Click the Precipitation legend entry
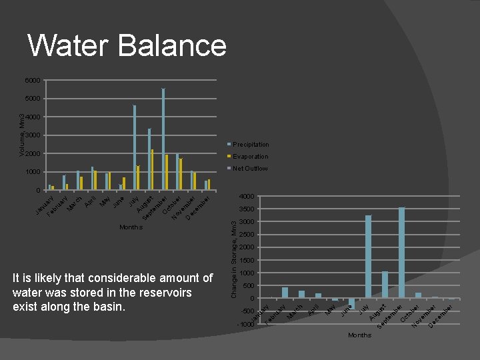[x=251, y=145]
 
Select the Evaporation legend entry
[x=250, y=157]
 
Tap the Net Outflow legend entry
[x=250, y=169]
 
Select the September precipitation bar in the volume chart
[x=163, y=139]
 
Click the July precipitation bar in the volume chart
[x=134, y=147]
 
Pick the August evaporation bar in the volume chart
[x=153, y=169]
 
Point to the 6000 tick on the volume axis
[x=33, y=81]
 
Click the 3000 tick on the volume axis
[x=33, y=135]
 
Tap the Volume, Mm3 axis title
[x=22, y=135]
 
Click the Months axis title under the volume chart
[x=131, y=227]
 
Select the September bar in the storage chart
[x=401, y=253]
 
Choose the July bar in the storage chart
[x=368, y=257]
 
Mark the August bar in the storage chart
[x=385, y=285]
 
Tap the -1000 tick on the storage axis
[x=245, y=325]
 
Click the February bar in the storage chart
[x=285, y=293]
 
